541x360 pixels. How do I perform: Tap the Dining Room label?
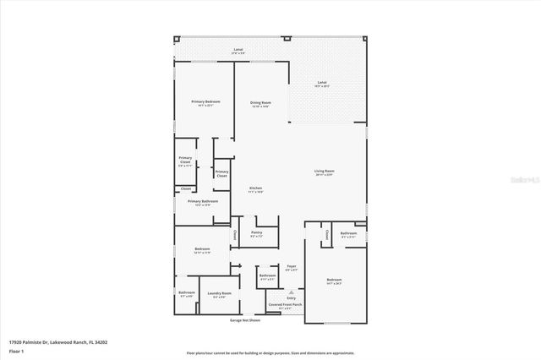[x=260, y=102]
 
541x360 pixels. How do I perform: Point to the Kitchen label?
[x=255, y=188]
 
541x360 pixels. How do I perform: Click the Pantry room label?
[x=256, y=232]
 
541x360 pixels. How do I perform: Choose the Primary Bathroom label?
[x=203, y=201]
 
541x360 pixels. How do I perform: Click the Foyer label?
[x=291, y=265]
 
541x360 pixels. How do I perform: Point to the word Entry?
[x=292, y=297]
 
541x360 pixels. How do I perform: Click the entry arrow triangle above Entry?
[x=292, y=291]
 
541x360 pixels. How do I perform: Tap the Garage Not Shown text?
[x=245, y=320]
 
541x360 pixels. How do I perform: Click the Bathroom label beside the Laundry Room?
[x=187, y=292]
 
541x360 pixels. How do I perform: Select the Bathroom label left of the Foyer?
[x=268, y=275]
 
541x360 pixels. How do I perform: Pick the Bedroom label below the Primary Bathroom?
[x=202, y=248]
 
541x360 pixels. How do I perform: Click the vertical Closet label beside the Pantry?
[x=234, y=234]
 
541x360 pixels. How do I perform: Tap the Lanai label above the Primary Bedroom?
[x=238, y=50]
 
